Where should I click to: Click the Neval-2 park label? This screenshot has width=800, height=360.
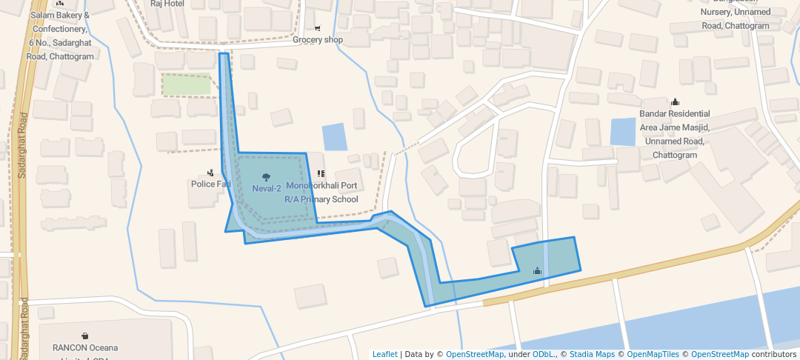click(x=267, y=189)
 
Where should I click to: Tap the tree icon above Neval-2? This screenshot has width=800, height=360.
click(x=266, y=176)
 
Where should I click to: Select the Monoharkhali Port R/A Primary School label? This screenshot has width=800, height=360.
click(x=321, y=193)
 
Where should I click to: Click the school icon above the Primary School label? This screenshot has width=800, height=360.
click(x=321, y=174)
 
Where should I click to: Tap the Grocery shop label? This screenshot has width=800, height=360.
click(x=318, y=40)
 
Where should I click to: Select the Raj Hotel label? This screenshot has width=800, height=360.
click(x=167, y=4)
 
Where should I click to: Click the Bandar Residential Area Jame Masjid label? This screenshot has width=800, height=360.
click(x=675, y=135)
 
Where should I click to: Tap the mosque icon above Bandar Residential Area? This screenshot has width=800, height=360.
click(x=675, y=102)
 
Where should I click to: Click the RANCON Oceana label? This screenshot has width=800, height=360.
click(x=84, y=347)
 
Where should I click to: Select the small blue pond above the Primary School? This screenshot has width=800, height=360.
click(x=334, y=137)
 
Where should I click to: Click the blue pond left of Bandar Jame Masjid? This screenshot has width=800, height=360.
click(x=623, y=132)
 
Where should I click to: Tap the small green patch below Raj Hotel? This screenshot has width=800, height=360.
click(x=187, y=85)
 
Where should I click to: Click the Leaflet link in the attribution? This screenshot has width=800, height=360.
click(x=384, y=354)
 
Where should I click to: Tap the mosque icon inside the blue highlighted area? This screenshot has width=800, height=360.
click(x=538, y=271)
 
